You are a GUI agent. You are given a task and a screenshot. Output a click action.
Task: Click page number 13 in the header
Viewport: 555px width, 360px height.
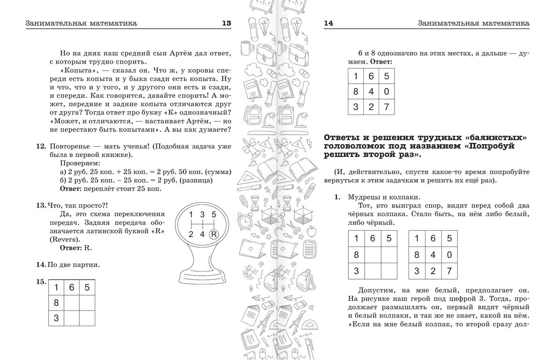coord(226,23)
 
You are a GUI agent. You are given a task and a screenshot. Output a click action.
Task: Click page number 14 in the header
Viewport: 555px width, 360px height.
coord(329,23)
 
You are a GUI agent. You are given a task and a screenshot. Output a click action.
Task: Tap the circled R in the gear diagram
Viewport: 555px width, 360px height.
coord(214,234)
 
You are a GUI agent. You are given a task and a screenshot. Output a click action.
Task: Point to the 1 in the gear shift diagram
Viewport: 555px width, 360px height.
coord(191,215)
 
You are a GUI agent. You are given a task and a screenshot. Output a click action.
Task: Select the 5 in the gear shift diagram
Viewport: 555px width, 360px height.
coord(214,215)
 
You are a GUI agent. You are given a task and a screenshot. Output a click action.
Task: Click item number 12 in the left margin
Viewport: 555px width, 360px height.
coord(41,146)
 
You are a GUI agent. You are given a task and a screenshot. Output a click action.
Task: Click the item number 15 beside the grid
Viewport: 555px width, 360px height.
coord(41,282)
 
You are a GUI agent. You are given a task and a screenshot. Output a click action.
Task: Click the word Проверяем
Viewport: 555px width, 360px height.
coord(77,163)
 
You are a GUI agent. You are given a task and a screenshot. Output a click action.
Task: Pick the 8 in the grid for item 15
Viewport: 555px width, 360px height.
coord(56,303)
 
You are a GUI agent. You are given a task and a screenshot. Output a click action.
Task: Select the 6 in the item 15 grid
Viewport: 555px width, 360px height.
coord(72,288)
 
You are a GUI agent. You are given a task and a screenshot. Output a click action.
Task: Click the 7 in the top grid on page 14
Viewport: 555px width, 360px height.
coord(386,107)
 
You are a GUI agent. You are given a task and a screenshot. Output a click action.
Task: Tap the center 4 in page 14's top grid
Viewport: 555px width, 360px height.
coord(371,92)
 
